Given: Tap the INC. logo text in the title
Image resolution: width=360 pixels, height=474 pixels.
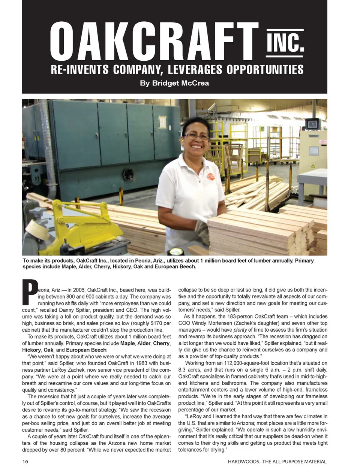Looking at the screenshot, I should click(x=285, y=43).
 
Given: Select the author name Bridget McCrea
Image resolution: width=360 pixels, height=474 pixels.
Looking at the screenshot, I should click(x=174, y=83).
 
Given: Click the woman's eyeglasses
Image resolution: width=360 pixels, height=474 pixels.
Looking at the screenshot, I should click(x=196, y=136).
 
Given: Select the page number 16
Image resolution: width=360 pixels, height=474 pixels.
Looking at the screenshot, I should click(x=25, y=461).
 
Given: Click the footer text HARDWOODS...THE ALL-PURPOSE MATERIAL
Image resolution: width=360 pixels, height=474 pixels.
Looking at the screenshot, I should click(x=277, y=461).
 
